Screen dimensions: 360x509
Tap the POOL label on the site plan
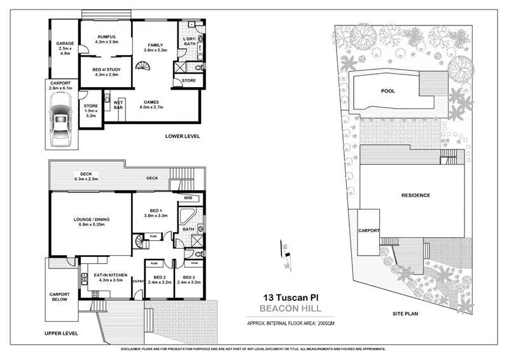pyautogui.click(x=387, y=91)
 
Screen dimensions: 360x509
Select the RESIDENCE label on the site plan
pyautogui.click(x=415, y=195)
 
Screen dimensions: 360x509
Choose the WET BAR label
pyautogui.click(x=118, y=104)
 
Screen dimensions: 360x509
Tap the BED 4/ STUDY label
pyautogui.click(x=106, y=71)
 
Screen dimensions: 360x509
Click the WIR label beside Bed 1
pyautogui.click(x=188, y=198)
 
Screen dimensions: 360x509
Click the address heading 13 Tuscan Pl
pyautogui.click(x=290, y=297)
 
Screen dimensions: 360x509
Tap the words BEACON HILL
pyautogui.click(x=290, y=309)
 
